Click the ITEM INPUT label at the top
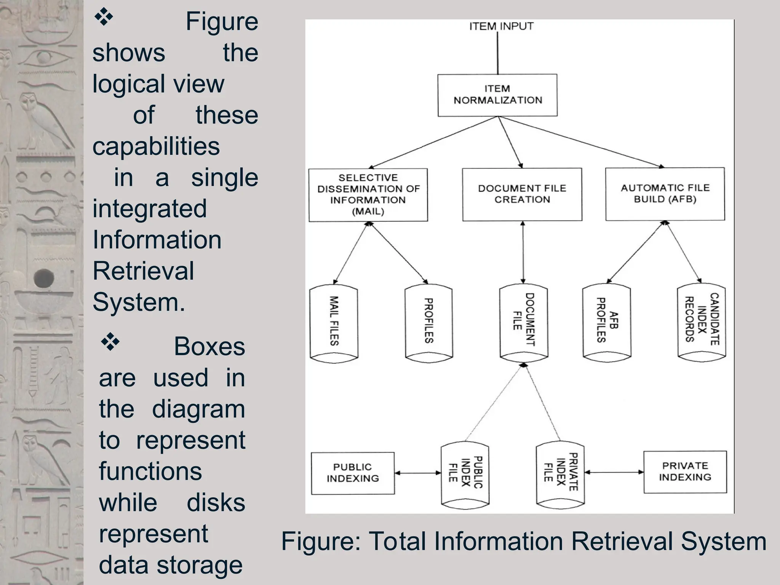[x=501, y=26]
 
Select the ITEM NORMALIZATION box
[x=497, y=95]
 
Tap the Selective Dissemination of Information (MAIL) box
[x=368, y=195]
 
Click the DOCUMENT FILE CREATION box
[x=522, y=194]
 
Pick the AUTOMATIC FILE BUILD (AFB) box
[x=665, y=194]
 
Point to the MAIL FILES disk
[x=334, y=322]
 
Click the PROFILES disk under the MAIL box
[x=429, y=322]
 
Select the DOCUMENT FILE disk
[x=524, y=322]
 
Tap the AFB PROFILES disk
[x=607, y=322]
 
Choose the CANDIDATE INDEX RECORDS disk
[x=702, y=322]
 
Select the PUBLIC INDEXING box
[x=353, y=473]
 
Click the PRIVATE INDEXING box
[x=685, y=472]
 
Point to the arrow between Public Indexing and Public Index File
[x=418, y=473]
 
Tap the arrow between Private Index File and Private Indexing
[x=614, y=472]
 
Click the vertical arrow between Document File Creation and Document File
[x=523, y=252]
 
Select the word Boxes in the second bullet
[x=209, y=347]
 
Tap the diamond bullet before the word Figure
[x=104, y=18]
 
